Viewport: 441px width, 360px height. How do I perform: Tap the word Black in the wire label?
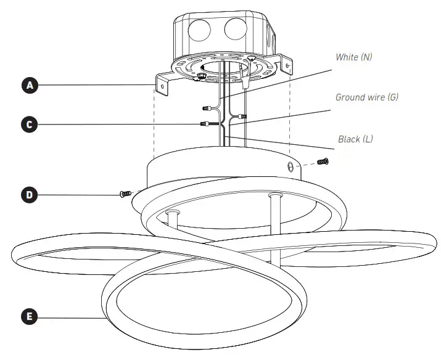pos(349,139)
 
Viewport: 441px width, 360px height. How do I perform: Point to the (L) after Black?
pos(368,139)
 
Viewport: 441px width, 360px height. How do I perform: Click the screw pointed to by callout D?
pos(125,194)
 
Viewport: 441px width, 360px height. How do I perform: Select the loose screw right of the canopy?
pos(322,162)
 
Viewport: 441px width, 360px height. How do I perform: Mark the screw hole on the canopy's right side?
pos(291,166)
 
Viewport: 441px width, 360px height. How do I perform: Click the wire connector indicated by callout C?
pos(204,124)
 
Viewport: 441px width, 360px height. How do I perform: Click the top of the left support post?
pos(172,213)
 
